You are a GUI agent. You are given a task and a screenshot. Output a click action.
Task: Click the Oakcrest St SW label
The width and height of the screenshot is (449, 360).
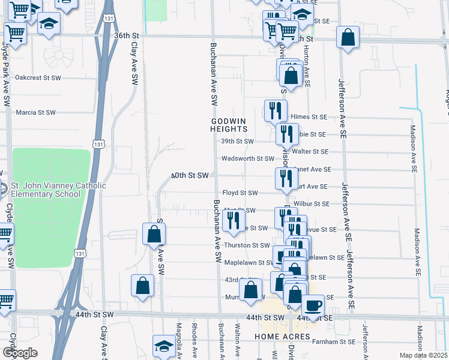(38, 77)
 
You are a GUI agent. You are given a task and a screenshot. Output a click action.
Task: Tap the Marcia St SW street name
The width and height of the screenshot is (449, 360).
(35, 112)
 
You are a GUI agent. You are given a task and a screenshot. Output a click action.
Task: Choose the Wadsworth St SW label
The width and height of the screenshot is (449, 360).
(247, 159)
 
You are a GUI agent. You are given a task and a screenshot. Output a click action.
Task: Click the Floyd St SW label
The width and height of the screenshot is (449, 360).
(240, 193)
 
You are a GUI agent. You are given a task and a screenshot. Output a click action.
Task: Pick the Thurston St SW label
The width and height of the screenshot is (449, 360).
(247, 245)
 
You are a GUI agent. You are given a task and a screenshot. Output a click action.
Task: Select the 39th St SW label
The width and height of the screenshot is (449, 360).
(238, 142)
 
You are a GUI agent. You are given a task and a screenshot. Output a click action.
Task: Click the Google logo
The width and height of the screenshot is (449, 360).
(20, 352)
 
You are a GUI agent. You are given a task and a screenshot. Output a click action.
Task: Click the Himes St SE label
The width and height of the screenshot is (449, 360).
(309, 117)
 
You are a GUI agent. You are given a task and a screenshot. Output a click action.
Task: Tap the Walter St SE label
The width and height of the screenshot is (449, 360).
(312, 152)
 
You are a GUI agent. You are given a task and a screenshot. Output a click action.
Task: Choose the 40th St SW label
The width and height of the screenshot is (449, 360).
(189, 175)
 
